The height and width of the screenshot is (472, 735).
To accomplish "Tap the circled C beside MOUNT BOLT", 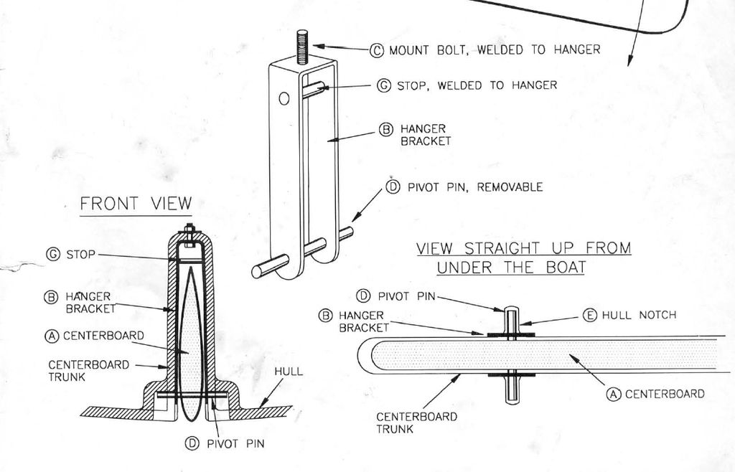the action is pos(376,50).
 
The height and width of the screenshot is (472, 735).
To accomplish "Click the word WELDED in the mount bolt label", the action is pos(500,49).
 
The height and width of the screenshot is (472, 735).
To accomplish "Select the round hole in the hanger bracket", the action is pos(283,98).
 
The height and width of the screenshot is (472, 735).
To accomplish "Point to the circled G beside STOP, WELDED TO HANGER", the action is pos(384,85).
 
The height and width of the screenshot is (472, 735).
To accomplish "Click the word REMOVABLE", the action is pos(510,187).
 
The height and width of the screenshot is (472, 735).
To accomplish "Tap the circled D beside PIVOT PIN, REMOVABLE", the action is pos(393,187).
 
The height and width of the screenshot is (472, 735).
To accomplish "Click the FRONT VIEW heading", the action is pos(136,204).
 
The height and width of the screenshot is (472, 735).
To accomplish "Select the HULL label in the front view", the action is pos(289,372).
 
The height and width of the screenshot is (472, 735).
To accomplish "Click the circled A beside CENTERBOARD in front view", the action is pos(52,336).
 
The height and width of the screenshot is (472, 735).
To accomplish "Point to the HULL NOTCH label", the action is pos(639,315).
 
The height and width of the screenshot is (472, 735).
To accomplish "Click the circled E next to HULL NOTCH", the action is pos(590,315).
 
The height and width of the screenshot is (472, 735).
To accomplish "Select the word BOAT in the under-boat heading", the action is pos(566,268).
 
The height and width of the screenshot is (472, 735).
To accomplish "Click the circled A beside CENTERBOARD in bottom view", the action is pos(614,395).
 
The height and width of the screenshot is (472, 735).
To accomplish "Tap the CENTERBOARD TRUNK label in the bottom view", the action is pos(417,423).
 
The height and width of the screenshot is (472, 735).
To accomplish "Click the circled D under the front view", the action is pos(192,443).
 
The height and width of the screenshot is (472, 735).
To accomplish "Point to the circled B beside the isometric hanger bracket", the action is pos(385,130).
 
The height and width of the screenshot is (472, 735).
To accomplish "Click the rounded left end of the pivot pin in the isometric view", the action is pos(257,272).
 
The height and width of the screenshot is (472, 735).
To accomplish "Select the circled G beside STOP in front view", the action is pos(53,254).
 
